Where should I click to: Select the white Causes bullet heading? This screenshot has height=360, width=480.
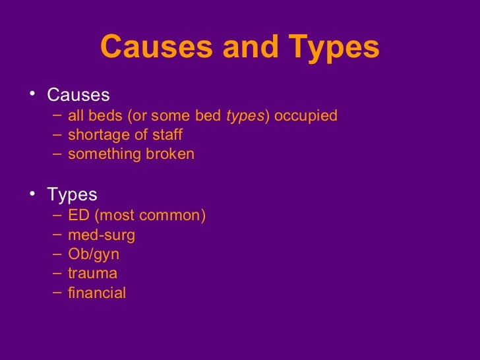coord(78,96)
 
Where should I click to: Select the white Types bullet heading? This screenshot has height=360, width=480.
coord(72,195)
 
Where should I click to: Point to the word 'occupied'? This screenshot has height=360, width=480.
coord(305,117)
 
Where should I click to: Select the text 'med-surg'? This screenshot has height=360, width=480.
coord(101,235)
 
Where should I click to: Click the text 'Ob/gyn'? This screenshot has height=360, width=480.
coord(93,255)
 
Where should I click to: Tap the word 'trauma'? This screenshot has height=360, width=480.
coord(92,274)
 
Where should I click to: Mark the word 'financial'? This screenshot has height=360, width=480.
coord(96,293)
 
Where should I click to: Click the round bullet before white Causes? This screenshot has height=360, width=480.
coord(34,96)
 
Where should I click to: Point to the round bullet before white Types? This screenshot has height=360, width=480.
coord(34,195)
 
